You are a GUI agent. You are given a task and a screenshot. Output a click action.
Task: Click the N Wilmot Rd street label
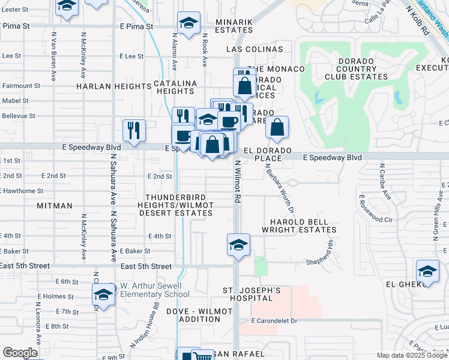click(x=238, y=181)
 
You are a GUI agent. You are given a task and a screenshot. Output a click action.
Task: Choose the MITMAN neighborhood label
click(x=54, y=206)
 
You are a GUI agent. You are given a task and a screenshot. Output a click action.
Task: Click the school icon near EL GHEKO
click(x=427, y=272)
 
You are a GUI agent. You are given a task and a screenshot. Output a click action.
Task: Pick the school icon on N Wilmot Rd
click(x=238, y=245)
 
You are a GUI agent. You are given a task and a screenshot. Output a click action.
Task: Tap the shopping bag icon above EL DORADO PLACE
click(x=277, y=127)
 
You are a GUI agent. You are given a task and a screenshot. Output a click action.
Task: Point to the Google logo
click(x=20, y=353)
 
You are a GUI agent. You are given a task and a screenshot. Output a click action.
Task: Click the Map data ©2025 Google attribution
click(x=411, y=355)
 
